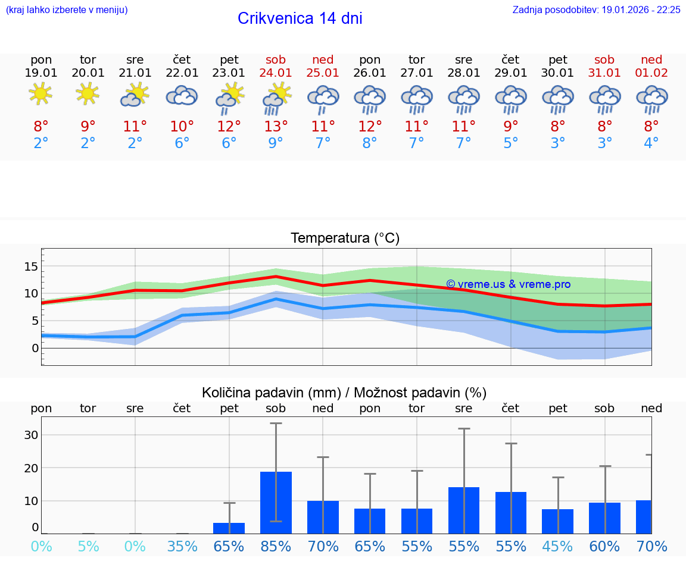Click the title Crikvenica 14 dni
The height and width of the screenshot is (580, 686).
coord(300,18)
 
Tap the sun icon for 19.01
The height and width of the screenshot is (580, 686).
coord(40,94)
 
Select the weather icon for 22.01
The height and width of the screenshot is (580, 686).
coord(182,95)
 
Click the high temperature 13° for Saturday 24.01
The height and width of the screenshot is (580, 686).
coord(276,127)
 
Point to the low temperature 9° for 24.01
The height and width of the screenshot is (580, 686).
coord(276,143)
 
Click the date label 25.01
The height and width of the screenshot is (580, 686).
coord(323,73)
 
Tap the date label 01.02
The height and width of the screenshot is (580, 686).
coord(651,73)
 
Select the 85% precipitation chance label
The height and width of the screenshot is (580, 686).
coord(276,546)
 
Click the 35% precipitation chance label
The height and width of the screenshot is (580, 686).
coord(182,546)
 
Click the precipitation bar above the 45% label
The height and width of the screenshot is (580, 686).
coord(557,521)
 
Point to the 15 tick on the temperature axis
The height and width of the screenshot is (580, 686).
coord(31,266)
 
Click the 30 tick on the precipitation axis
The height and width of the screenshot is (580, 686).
coord(31,435)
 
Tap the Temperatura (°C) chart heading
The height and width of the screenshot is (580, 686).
coord(345,239)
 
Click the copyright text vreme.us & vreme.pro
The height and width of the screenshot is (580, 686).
coord(508,284)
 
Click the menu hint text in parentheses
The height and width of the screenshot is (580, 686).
coord(67,10)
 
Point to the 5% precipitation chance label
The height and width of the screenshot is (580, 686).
coord(88,546)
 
